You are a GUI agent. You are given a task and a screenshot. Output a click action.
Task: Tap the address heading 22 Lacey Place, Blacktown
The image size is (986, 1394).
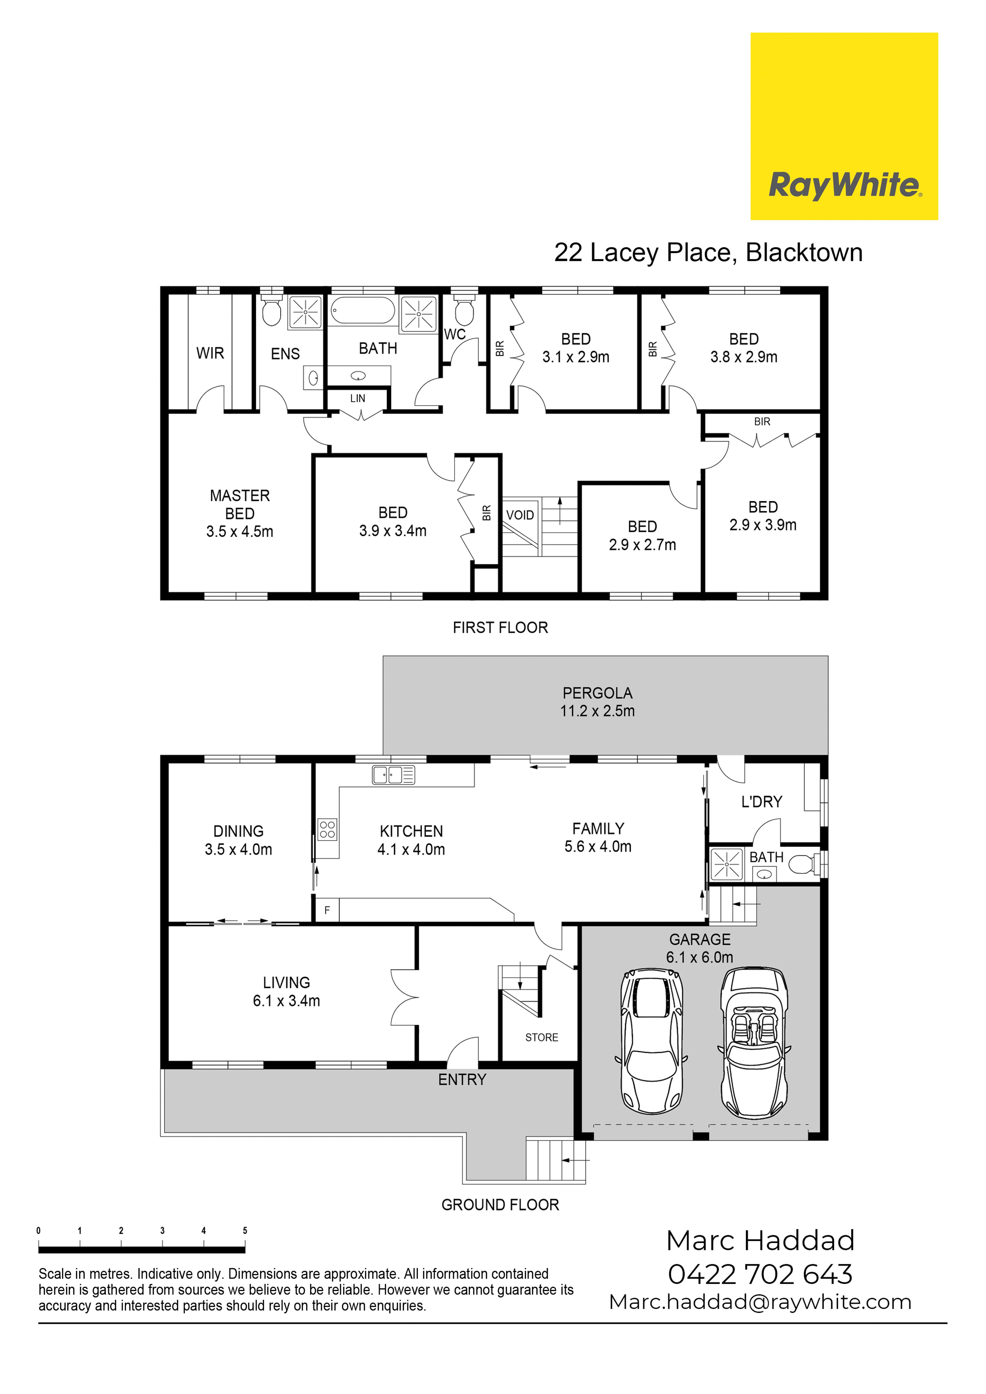point(708,253)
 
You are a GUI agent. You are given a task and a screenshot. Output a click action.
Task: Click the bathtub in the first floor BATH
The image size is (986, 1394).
point(363,310)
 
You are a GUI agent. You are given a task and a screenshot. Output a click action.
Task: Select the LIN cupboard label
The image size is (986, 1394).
point(358,398)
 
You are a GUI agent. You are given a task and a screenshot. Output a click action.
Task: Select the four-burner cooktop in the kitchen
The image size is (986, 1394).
point(327,829)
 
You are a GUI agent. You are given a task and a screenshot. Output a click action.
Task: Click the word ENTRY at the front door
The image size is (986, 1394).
point(462,1080)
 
